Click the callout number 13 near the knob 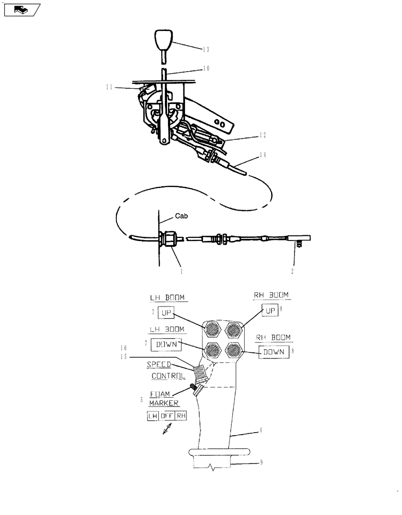pyautogui.click(x=206, y=49)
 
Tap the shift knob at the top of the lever pyautogui.click(x=163, y=40)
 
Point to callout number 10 pyautogui.click(x=206, y=68)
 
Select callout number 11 pyautogui.click(x=109, y=88)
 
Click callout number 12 pyautogui.click(x=263, y=136)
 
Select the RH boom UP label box pyautogui.click(x=270, y=311)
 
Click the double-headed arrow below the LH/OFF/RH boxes pyautogui.click(x=167, y=430)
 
